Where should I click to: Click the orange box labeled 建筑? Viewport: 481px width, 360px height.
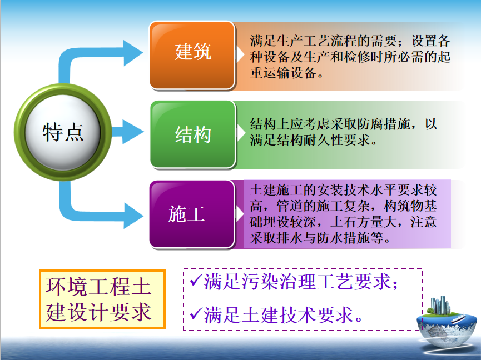point(192,55)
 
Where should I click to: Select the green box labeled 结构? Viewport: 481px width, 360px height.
point(192,134)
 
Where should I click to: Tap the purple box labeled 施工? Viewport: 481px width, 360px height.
point(192,214)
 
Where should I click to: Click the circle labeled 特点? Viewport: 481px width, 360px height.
point(63,132)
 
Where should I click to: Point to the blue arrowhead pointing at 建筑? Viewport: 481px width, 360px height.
point(133,53)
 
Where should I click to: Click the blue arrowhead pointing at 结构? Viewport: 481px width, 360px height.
point(133,132)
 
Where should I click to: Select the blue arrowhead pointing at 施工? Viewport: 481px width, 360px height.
point(133,216)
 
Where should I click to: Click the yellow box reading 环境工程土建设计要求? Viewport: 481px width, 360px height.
point(102,299)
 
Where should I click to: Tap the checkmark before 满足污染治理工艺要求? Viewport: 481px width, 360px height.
point(196,281)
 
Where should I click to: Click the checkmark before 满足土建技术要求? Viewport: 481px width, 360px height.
point(196,313)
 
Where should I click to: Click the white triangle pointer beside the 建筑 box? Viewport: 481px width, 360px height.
point(240,54)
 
